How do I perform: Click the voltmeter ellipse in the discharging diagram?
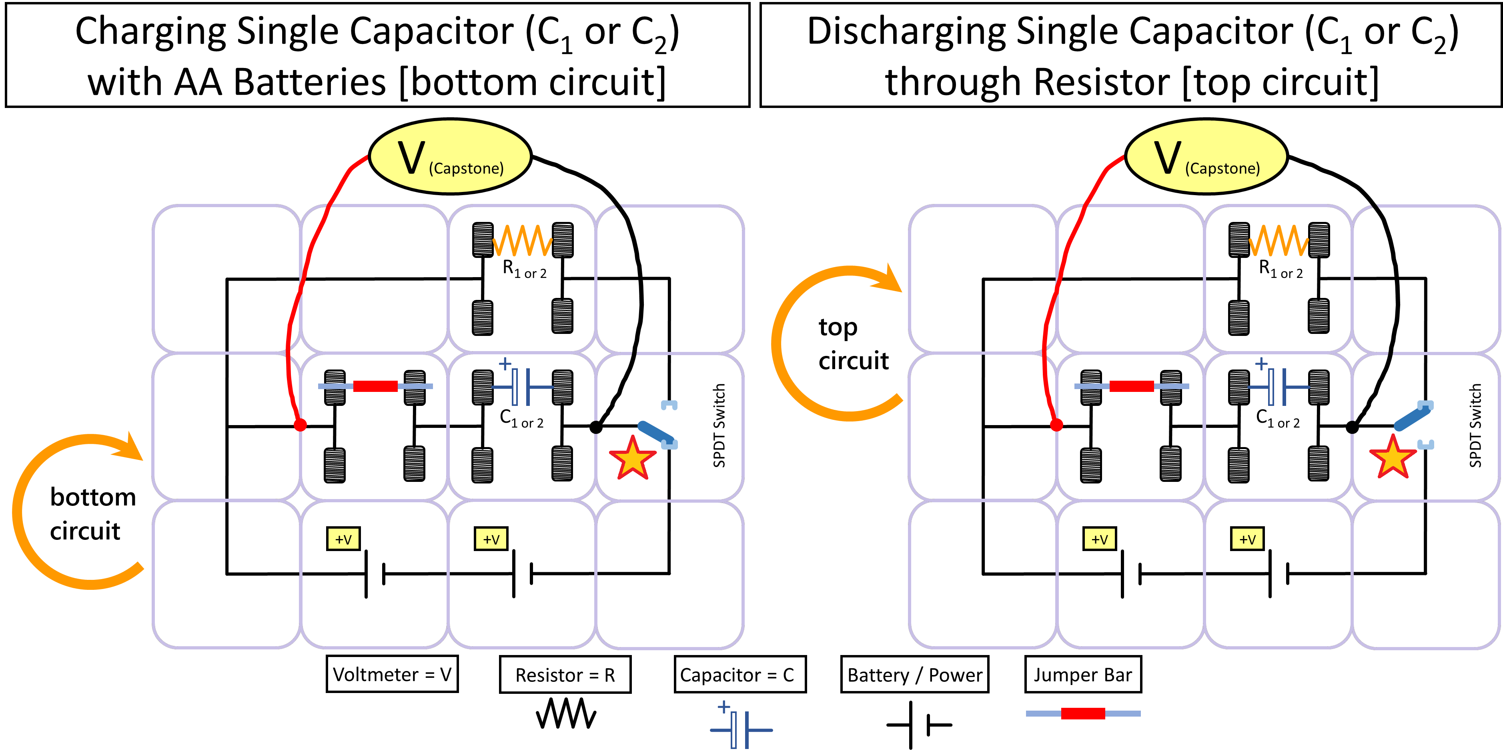coord(1206,156)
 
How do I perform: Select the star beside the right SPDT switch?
coord(1393,458)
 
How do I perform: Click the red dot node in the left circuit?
coord(300,425)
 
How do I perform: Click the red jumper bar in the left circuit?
coord(375,386)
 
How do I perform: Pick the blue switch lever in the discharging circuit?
coord(1411,417)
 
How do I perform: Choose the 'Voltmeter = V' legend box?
coord(392,674)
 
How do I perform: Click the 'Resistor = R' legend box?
coord(565,675)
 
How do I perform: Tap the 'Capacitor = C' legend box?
coord(740,675)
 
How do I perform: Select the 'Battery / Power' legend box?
coord(914,675)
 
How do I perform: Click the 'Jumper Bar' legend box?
coord(1083,675)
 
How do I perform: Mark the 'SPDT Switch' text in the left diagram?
coord(719,425)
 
